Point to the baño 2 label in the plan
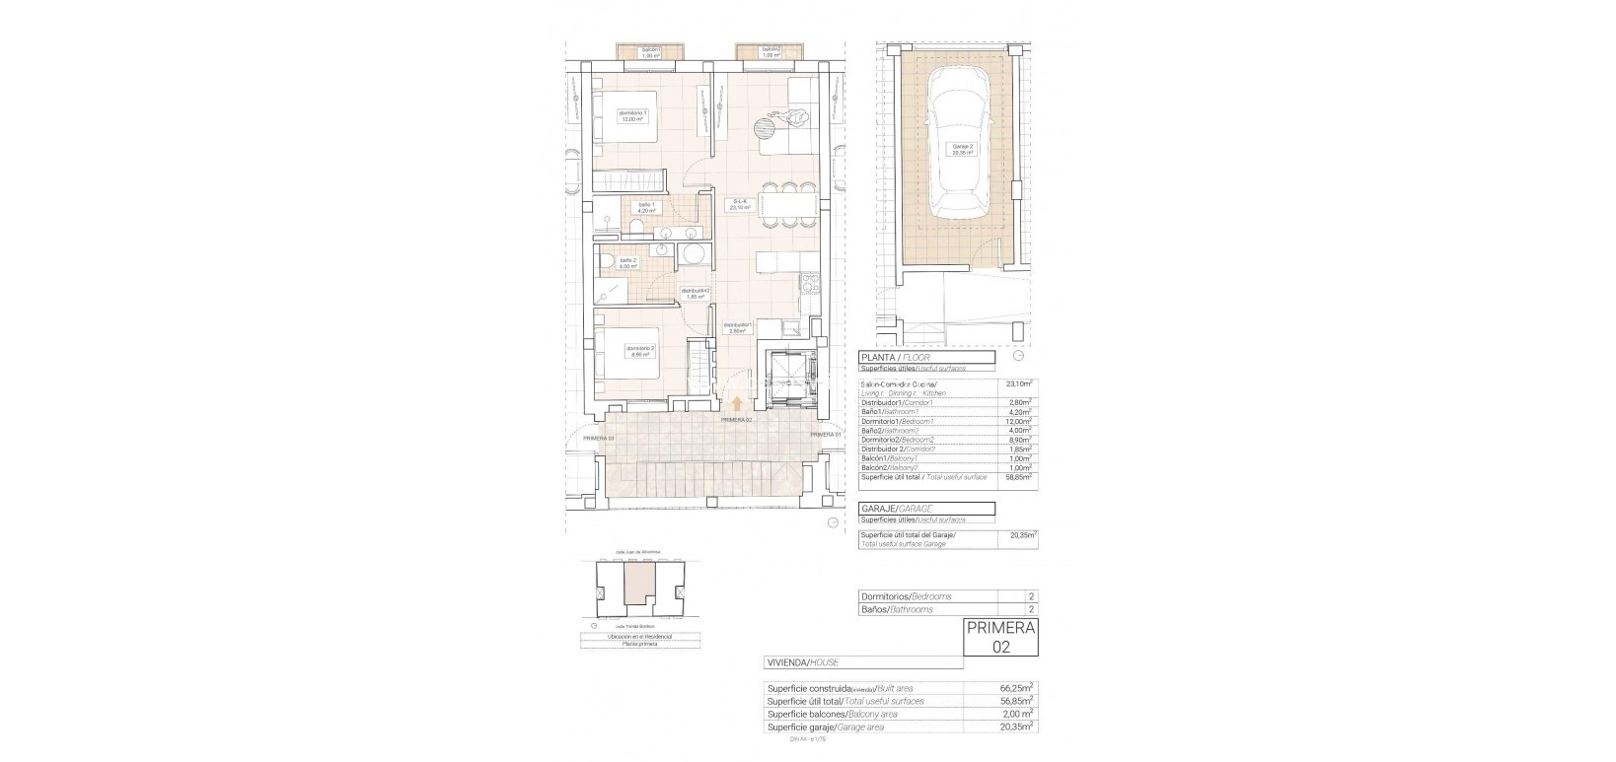pyautogui.click(x=627, y=262)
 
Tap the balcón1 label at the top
pyautogui.click(x=649, y=52)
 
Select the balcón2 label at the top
pyautogui.click(x=771, y=52)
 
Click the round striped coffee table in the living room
pyautogui.click(x=767, y=127)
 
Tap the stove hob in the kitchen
pyautogui.click(x=811, y=284)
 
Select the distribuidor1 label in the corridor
pyautogui.click(x=738, y=328)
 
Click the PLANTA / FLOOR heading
pyautogui.click(x=897, y=357)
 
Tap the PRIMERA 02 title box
pyautogui.click(x=1000, y=637)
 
